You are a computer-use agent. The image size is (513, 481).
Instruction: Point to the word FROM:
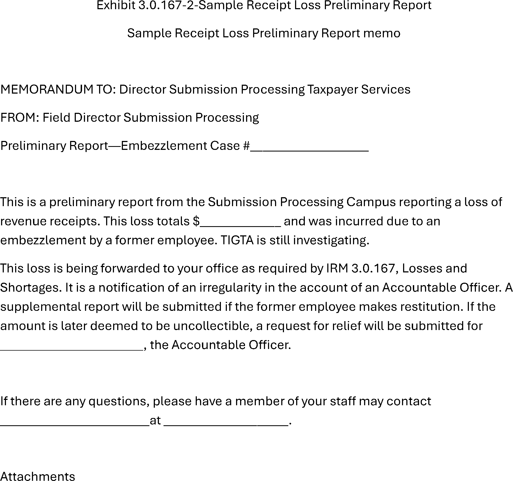tap(20, 118)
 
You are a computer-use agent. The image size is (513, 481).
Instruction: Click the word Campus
tap(371, 202)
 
